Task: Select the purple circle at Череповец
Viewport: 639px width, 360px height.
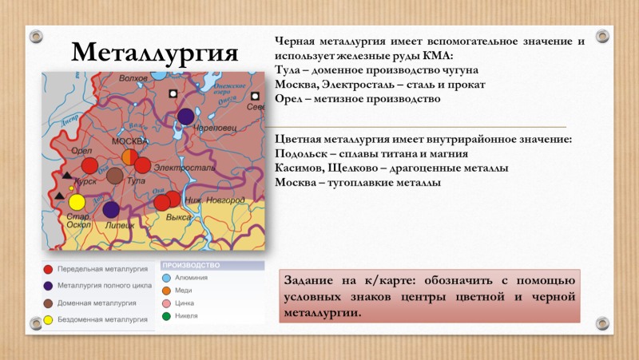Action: click(x=185, y=117)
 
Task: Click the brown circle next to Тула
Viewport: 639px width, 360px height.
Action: click(x=115, y=176)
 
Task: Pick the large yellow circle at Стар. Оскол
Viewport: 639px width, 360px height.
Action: click(x=77, y=202)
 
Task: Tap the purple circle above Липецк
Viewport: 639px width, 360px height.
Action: click(x=111, y=209)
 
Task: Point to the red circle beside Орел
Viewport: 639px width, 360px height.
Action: click(x=90, y=165)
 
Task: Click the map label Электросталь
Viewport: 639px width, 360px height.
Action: click(x=183, y=168)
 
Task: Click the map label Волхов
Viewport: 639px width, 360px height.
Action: click(x=133, y=78)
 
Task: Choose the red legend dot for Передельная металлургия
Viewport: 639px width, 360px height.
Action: click(x=49, y=270)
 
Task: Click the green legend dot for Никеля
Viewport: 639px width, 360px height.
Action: click(x=166, y=316)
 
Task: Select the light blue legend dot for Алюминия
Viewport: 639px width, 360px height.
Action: click(x=166, y=277)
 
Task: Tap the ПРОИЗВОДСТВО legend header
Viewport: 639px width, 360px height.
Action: click(x=190, y=265)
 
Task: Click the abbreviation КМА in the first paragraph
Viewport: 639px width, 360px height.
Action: click(x=435, y=55)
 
